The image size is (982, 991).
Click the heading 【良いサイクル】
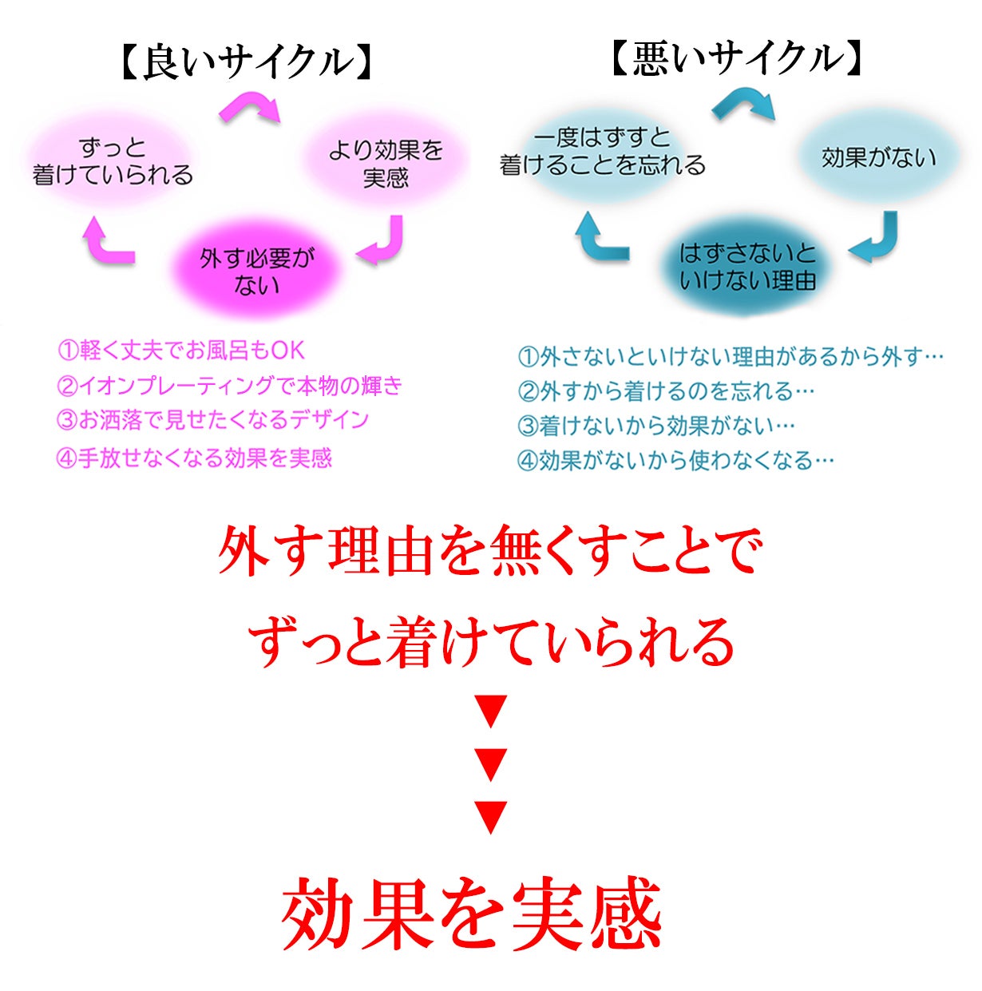point(248,62)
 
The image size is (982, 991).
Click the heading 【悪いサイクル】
point(736,59)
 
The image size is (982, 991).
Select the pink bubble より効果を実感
point(386,163)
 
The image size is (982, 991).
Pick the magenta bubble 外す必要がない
point(256,272)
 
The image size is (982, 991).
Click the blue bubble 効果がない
point(878,157)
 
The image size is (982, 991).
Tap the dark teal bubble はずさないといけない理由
point(747,268)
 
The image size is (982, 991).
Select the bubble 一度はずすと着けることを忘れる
point(603,152)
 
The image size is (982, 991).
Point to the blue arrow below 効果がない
point(875,239)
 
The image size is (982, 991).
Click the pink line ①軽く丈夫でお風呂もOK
point(181,351)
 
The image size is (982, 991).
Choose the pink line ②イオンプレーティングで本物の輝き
point(229,386)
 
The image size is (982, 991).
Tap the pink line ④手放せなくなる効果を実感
point(194,458)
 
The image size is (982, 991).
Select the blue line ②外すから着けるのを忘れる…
point(666,391)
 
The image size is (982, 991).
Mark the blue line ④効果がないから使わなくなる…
point(675,460)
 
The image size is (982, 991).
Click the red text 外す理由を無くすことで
point(490,551)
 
